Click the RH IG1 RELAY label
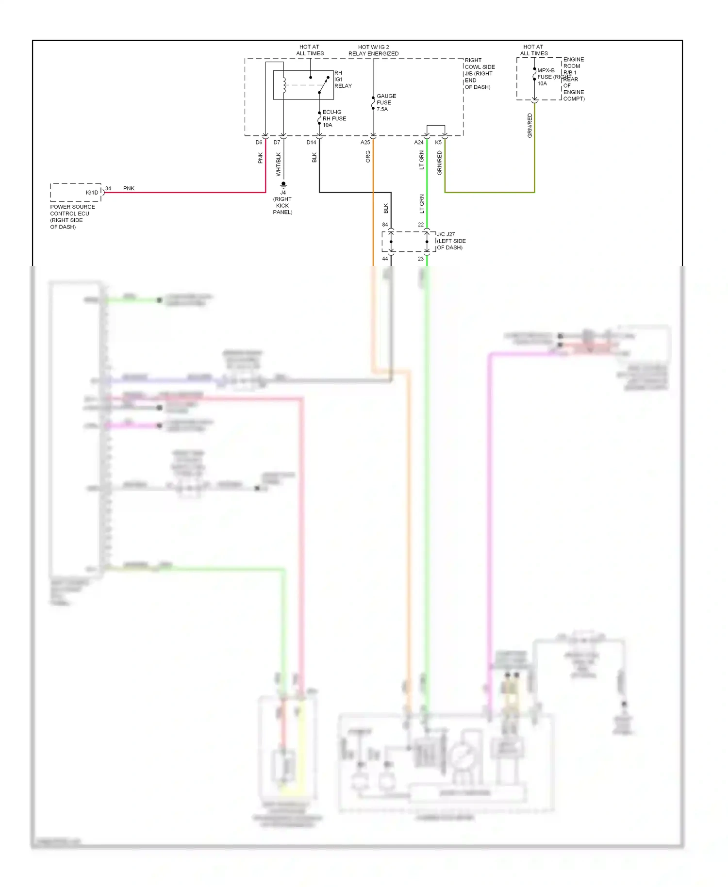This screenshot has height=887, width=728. click(x=343, y=80)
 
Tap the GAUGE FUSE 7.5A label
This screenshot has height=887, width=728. click(x=386, y=102)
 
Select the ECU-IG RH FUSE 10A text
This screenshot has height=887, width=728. click(x=334, y=118)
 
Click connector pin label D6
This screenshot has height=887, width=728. click(x=259, y=143)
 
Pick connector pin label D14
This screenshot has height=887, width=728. click(x=311, y=143)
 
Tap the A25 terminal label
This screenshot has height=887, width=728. click(x=365, y=143)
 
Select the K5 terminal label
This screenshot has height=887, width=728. click(x=438, y=143)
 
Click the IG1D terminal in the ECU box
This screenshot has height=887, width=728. click(x=92, y=193)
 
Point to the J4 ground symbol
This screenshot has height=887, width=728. click(x=283, y=185)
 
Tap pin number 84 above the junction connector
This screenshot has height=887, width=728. click(x=385, y=225)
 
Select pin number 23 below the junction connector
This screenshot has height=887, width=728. click(x=421, y=259)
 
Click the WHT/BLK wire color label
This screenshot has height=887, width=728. click(x=279, y=164)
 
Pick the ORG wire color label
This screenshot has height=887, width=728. click(x=368, y=156)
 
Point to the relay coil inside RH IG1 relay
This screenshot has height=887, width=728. click(x=284, y=85)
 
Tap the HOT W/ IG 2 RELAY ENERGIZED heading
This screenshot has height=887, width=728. click(x=373, y=50)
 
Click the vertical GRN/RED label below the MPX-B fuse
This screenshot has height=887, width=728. click(x=529, y=126)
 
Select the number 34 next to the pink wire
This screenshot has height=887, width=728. click(x=108, y=188)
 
